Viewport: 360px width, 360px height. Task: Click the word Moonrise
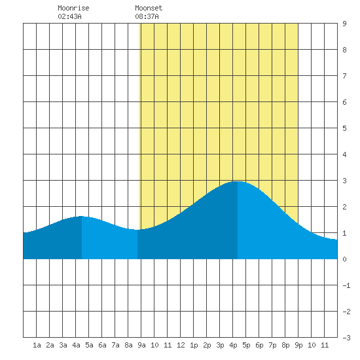pos(73,8)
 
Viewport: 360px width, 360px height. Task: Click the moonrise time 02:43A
pos(69,16)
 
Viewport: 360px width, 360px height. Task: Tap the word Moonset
pos(149,8)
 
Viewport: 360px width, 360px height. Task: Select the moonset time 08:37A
pos(147,16)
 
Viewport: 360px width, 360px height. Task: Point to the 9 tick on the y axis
pos(344,24)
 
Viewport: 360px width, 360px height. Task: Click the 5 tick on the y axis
pos(344,128)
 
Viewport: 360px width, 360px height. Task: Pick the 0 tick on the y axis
pos(344,259)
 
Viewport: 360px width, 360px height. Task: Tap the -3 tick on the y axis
pos(347,338)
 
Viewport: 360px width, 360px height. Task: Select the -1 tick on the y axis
pos(347,285)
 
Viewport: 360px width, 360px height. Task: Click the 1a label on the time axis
pos(37,345)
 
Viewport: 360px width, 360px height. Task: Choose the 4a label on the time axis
pos(76,345)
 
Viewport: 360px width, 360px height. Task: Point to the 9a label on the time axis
pos(141,345)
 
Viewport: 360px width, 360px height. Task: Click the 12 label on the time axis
pos(181,345)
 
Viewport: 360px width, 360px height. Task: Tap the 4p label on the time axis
pos(233,345)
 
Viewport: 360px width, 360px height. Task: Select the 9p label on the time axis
pos(298,345)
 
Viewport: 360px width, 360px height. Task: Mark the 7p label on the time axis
pos(272,345)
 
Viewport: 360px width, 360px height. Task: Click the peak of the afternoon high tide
pos(238,181)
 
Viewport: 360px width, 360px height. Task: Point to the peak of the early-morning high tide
pos(82,216)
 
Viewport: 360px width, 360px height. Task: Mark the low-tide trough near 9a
pos(137,230)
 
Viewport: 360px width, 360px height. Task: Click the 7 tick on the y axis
pos(344,76)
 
